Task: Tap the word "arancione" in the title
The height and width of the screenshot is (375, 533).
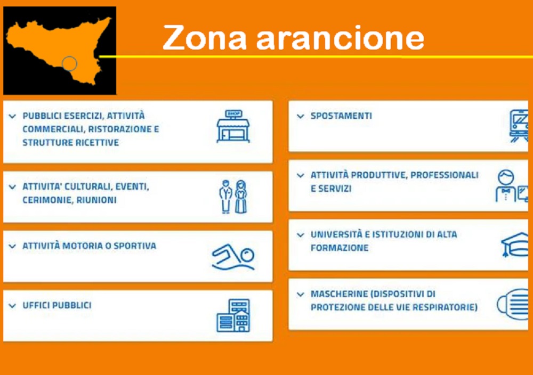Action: pyautogui.click(x=340, y=37)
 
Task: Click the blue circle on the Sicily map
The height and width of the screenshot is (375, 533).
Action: pyautogui.click(x=70, y=63)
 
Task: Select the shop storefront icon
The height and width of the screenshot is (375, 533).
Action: pyautogui.click(x=233, y=126)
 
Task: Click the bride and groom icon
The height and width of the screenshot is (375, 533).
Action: pyautogui.click(x=233, y=197)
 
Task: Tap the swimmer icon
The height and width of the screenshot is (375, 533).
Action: pyautogui.click(x=233, y=257)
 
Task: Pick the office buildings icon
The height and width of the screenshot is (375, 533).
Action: pyautogui.click(x=233, y=315)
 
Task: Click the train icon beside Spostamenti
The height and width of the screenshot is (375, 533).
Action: pyautogui.click(x=519, y=126)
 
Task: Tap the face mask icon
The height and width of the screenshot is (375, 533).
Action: pyautogui.click(x=513, y=304)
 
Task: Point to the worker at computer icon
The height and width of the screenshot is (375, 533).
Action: pyautogui.click(x=512, y=185)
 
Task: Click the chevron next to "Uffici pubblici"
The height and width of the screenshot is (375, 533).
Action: pyautogui.click(x=12, y=306)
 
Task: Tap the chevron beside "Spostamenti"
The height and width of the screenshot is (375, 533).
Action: pyautogui.click(x=300, y=116)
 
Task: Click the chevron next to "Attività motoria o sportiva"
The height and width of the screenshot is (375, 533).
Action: pyautogui.click(x=12, y=246)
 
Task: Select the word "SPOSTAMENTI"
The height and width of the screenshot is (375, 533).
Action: pyautogui.click(x=341, y=116)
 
